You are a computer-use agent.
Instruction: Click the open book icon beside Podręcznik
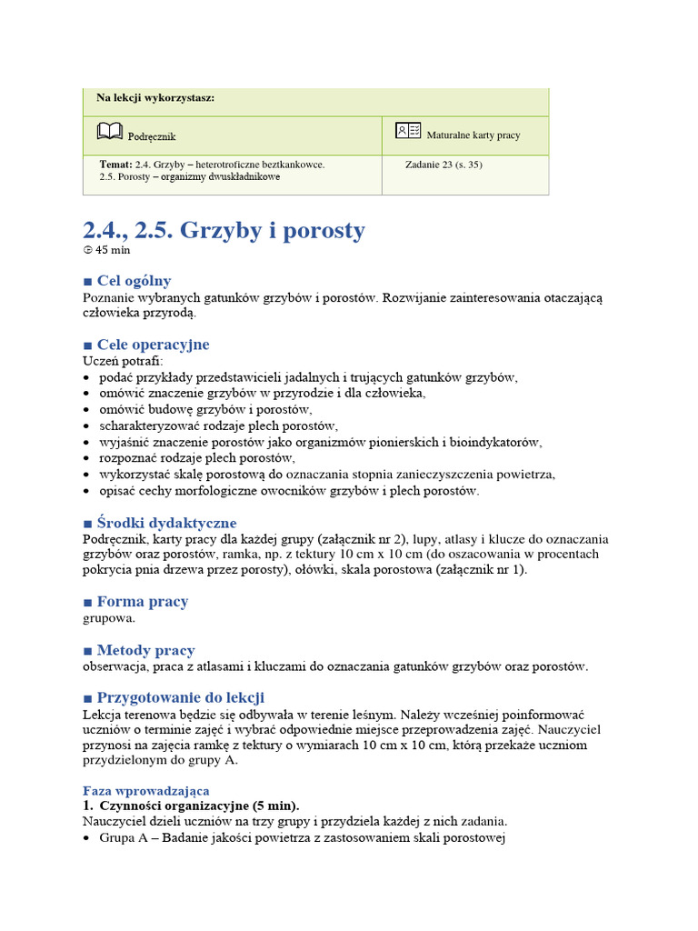108,133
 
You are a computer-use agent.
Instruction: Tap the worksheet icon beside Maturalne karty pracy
408,132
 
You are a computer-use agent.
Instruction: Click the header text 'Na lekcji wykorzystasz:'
155,97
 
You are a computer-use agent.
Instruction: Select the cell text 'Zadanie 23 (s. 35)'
444,165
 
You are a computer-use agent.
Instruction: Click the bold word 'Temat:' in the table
115,165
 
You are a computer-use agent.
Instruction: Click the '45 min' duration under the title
107,250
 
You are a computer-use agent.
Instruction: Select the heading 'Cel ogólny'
134,281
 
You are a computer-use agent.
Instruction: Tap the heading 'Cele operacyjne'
153,345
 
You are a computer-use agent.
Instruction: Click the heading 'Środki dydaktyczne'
166,523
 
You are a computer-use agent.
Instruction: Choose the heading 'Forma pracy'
142,602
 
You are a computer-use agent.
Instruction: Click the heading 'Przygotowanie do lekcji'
180,697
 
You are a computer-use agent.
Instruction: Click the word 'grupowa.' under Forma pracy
109,618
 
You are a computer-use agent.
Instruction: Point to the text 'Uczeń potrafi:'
123,361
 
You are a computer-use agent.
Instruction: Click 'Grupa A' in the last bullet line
124,838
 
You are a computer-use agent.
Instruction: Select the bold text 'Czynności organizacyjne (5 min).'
199,806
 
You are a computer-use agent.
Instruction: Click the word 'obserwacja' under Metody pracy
115,666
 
